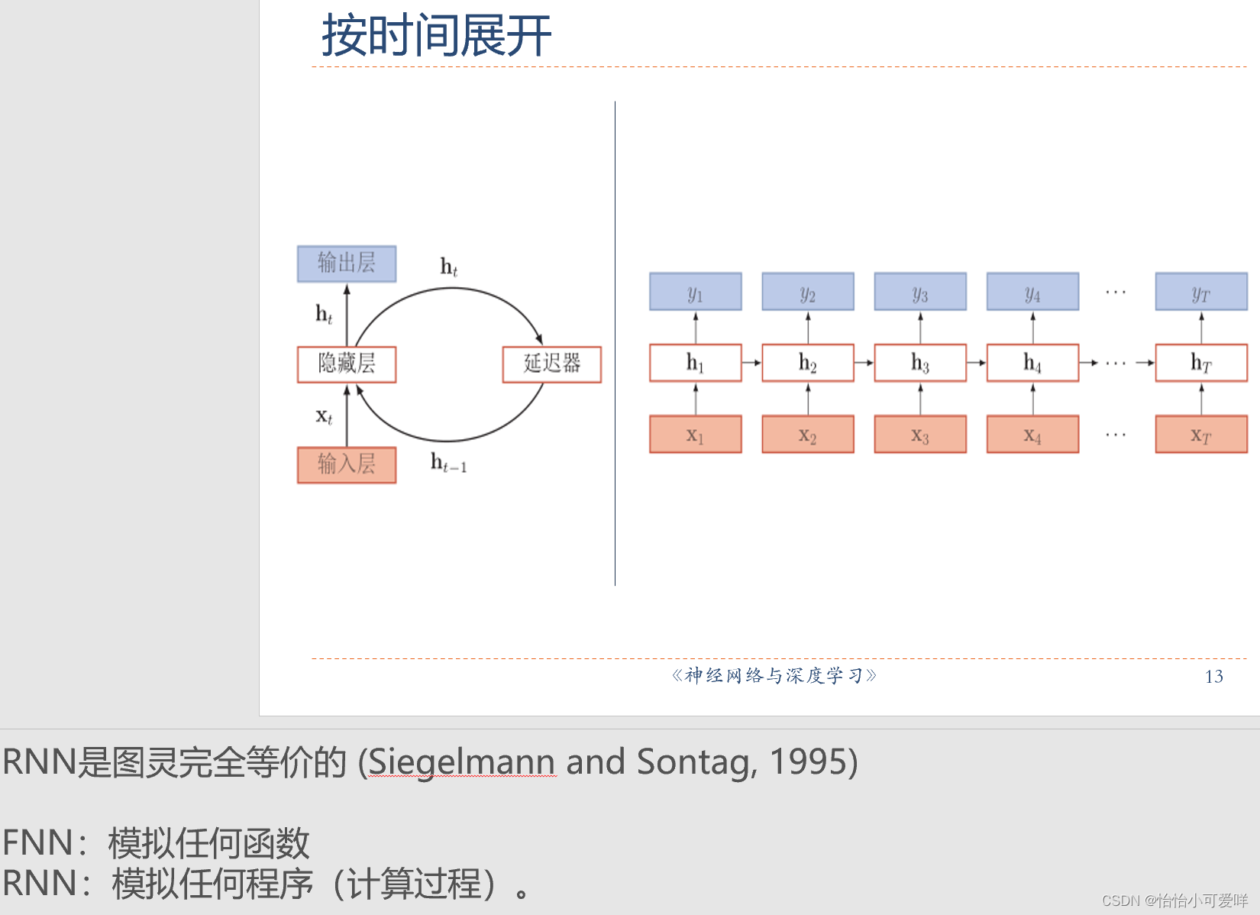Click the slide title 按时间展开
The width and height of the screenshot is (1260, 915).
click(436, 36)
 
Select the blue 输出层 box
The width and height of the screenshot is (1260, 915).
click(347, 264)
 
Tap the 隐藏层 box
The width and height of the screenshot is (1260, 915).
click(347, 364)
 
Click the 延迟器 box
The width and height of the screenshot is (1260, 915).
click(551, 364)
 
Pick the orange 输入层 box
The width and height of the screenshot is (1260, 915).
click(347, 464)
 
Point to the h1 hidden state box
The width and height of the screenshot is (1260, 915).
click(695, 363)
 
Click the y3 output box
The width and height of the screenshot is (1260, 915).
click(920, 292)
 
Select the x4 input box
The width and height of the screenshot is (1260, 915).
click(1032, 435)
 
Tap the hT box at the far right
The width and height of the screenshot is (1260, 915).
click(1201, 363)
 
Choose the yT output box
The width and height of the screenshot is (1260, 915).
click(1201, 292)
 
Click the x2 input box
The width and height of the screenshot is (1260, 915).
click(808, 435)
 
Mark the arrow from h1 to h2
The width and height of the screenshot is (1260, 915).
click(751, 363)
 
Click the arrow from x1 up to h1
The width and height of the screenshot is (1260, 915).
click(696, 398)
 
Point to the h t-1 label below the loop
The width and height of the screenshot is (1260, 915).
click(448, 463)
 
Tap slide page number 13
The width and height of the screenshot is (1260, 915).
click(1214, 677)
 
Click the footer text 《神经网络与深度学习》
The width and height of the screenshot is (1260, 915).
click(774, 675)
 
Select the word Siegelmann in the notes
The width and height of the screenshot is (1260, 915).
click(461, 762)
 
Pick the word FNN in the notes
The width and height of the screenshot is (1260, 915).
click(37, 843)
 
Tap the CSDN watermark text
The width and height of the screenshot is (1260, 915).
click(1174, 900)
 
